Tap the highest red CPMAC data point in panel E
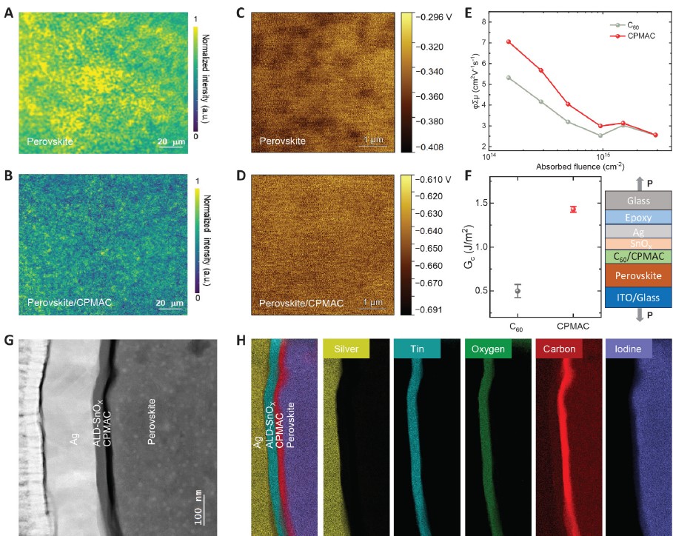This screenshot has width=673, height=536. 509,41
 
